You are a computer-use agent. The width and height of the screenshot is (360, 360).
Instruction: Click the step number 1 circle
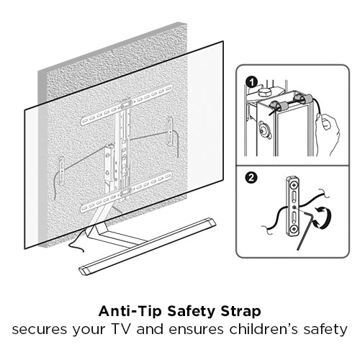(251, 83)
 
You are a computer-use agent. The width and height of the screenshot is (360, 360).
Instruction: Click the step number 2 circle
(251, 178)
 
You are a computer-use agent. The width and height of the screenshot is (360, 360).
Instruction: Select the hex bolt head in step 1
(264, 92)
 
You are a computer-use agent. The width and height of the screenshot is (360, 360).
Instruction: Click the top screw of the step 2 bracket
(293, 185)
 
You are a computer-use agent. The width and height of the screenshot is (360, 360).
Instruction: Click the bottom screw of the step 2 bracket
(293, 229)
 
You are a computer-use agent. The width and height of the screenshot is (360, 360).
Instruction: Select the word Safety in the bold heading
(191, 312)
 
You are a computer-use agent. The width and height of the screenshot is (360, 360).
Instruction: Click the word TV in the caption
(122, 329)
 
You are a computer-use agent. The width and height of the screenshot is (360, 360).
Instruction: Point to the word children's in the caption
(264, 329)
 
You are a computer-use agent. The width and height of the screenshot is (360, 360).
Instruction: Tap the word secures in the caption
(40, 330)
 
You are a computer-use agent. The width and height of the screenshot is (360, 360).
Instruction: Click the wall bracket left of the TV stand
(62, 171)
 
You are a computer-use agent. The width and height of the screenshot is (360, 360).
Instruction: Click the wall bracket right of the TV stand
(170, 131)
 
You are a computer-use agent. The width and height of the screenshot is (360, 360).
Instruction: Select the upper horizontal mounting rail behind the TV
(126, 105)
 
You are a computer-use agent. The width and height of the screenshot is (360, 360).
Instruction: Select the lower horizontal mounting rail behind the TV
(126, 192)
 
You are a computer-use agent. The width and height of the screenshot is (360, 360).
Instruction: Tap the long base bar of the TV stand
(148, 246)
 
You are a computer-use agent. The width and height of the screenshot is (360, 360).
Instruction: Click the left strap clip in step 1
(275, 107)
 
